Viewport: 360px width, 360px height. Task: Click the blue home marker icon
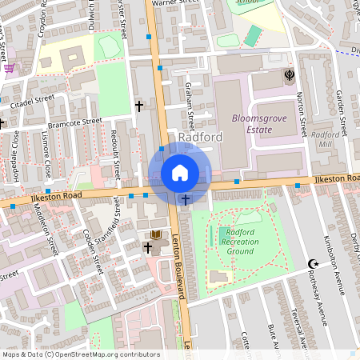coord(180,173)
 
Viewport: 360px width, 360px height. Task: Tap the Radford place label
coord(201,138)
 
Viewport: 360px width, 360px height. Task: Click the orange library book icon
coord(156,234)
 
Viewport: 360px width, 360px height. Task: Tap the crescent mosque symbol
coord(313,263)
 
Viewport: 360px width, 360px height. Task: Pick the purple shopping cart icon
coord(9,67)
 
